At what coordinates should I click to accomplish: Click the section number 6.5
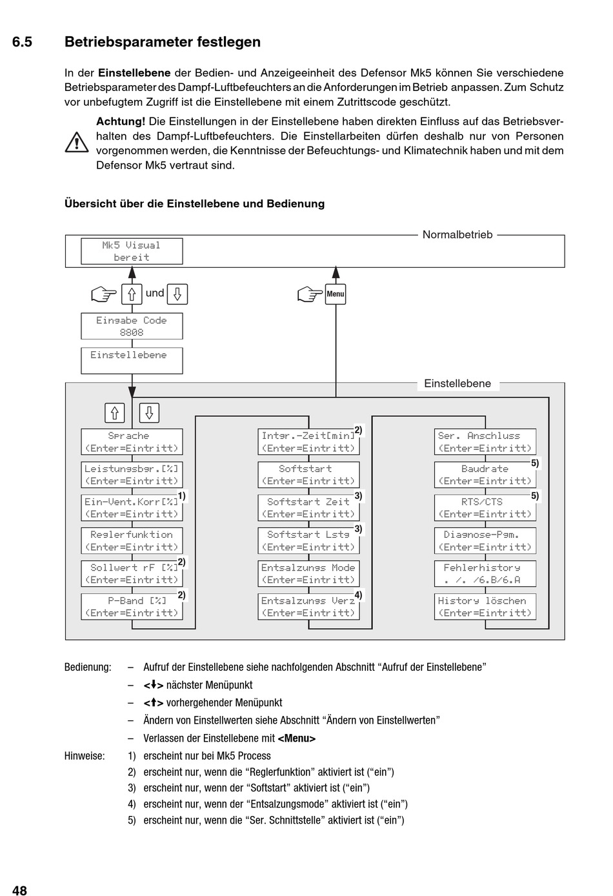tap(23, 42)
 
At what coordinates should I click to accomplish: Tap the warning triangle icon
tap(76, 143)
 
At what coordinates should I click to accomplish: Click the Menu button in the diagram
tap(336, 294)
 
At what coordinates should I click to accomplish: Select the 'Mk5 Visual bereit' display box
tap(132, 251)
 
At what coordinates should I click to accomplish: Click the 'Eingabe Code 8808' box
tap(132, 327)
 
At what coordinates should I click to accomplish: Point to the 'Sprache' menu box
tap(132, 442)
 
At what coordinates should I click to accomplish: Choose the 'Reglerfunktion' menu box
tap(132, 541)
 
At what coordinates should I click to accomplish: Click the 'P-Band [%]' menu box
tap(132, 607)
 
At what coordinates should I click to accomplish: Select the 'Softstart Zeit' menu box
tap(308, 508)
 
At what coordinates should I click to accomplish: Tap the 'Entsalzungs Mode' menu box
tap(308, 574)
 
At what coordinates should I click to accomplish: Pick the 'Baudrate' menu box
tap(485, 475)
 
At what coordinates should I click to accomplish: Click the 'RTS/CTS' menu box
tap(485, 508)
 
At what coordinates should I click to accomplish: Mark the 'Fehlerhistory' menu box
tap(485, 574)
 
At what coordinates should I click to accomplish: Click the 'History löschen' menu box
tap(485, 607)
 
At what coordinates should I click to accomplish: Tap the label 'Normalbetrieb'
tap(457, 235)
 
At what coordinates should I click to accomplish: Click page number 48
tap(19, 890)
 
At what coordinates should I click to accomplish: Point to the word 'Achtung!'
tap(121, 121)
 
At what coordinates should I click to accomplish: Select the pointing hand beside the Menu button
tap(310, 294)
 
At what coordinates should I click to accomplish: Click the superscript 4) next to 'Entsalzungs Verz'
tap(358, 595)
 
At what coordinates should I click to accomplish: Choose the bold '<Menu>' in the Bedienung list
tap(297, 738)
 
